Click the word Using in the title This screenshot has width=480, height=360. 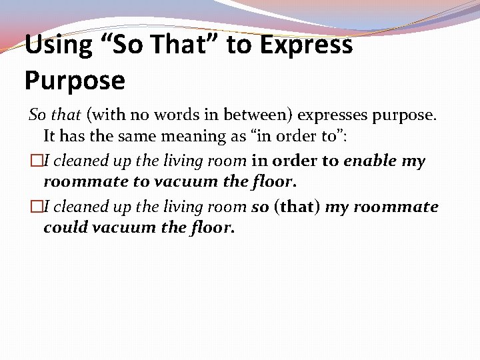(58, 45)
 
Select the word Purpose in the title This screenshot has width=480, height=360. (75, 81)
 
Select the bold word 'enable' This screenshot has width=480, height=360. (370, 161)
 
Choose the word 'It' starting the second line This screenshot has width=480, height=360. (50, 136)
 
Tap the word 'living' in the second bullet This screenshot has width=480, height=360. (179, 207)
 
